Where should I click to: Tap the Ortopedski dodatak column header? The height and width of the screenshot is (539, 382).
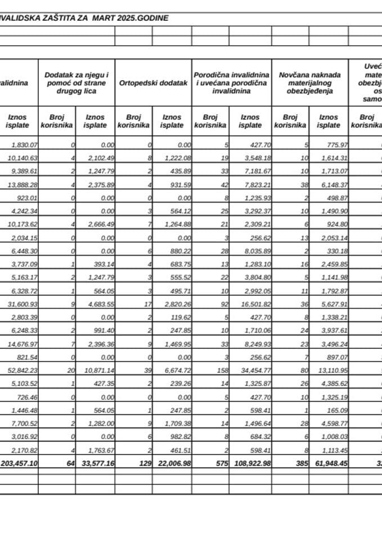(x=153, y=83)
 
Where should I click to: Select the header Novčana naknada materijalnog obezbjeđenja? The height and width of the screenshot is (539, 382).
(x=309, y=83)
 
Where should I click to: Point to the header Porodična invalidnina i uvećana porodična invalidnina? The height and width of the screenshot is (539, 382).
(x=231, y=83)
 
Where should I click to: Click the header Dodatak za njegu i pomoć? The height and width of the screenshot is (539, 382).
(x=77, y=83)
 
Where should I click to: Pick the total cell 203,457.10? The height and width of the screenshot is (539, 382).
(x=19, y=464)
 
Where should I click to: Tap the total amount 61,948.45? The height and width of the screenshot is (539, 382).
(x=326, y=464)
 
